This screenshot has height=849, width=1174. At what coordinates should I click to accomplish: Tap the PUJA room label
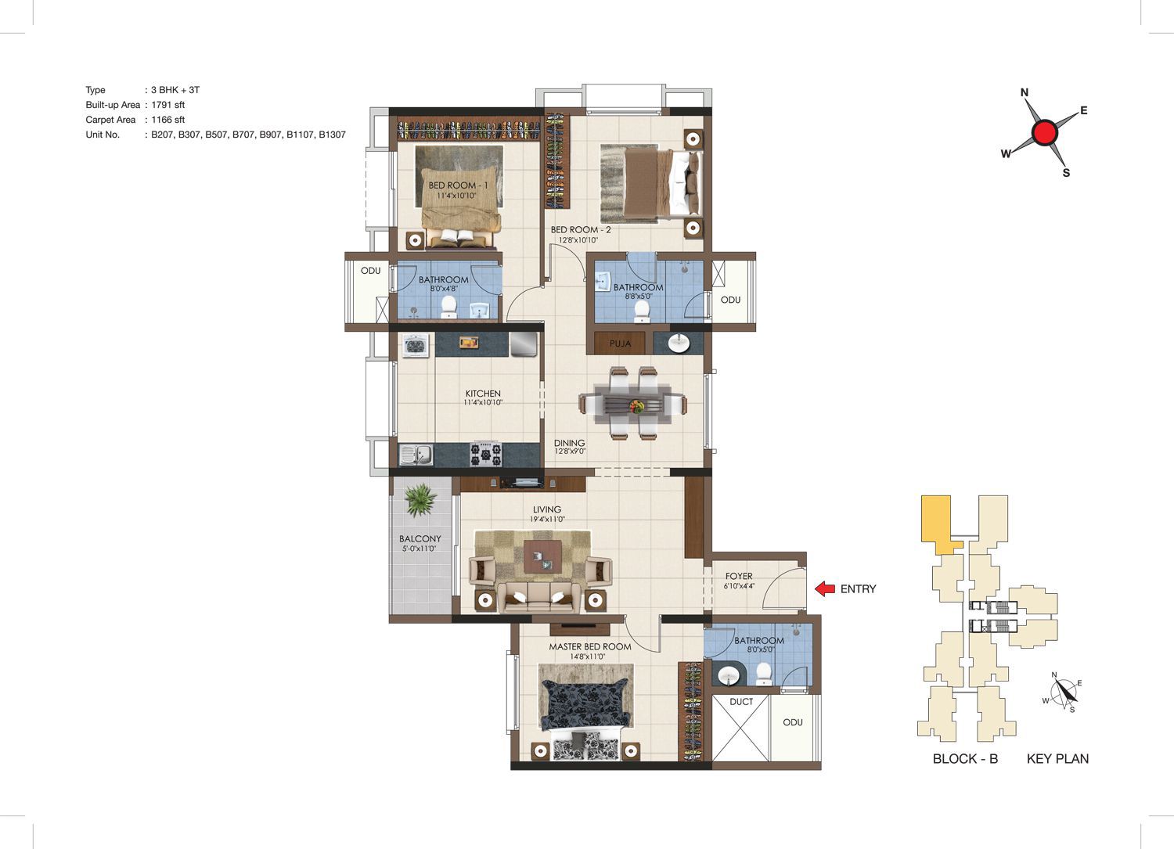[620, 344]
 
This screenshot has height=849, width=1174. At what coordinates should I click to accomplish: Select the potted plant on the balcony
[420, 499]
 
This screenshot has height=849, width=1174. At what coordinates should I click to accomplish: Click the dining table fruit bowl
[636, 405]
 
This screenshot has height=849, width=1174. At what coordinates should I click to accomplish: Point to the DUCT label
[741, 702]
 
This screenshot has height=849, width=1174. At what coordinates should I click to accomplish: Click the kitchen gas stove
[485, 454]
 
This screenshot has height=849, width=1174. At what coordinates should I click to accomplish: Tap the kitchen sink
[416, 455]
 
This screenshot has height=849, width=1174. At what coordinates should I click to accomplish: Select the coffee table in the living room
[542, 556]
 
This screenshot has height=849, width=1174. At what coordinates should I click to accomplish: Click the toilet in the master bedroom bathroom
[764, 675]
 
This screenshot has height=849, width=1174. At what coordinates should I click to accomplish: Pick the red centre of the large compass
[1045, 132]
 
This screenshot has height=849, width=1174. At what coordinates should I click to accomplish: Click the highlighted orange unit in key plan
[938, 525]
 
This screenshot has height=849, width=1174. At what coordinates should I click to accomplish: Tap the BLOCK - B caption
[965, 759]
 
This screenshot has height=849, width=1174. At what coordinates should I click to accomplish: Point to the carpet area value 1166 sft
[167, 120]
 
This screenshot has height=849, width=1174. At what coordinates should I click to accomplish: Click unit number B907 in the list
[272, 135]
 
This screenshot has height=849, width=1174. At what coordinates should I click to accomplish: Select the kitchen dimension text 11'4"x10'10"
[483, 402]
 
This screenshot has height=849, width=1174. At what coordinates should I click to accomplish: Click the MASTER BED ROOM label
[589, 646]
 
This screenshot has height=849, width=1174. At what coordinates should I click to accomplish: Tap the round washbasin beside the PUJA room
[679, 344]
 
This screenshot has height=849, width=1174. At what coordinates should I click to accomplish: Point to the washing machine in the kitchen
[416, 346]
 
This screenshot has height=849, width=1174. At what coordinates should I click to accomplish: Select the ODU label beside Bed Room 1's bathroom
[370, 271]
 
